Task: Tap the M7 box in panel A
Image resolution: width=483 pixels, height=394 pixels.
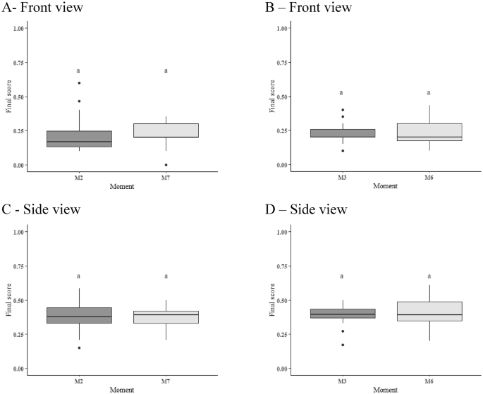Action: (166, 130)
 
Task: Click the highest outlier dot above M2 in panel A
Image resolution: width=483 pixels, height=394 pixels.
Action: (79, 83)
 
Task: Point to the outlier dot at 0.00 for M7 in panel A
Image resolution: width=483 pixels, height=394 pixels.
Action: (166, 165)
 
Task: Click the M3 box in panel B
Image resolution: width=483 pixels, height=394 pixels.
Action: (341, 133)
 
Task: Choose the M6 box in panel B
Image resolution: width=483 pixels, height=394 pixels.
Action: (428, 132)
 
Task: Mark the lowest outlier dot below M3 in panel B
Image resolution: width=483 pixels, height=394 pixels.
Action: (341, 151)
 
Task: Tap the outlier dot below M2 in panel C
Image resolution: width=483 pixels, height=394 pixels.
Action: (79, 347)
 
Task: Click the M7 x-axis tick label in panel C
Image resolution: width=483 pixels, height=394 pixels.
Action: (166, 379)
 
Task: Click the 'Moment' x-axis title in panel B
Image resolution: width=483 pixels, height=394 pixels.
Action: (384, 187)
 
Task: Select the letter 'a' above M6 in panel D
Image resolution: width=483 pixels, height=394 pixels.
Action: (428, 276)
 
